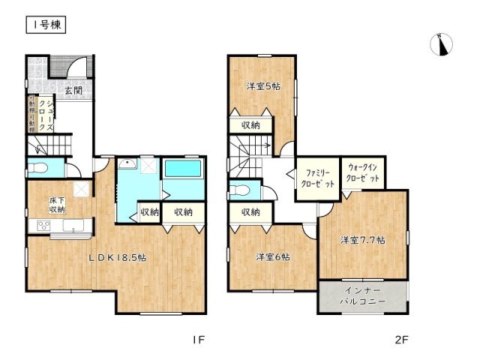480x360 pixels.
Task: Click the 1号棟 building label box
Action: (46, 25)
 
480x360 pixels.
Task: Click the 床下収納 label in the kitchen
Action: (58, 205)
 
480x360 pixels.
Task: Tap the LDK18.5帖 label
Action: (118, 257)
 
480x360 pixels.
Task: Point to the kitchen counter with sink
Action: (60, 227)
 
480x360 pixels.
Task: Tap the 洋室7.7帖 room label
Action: (362, 240)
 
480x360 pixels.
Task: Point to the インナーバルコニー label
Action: (363, 295)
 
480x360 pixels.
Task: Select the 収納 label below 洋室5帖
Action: (250, 125)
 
